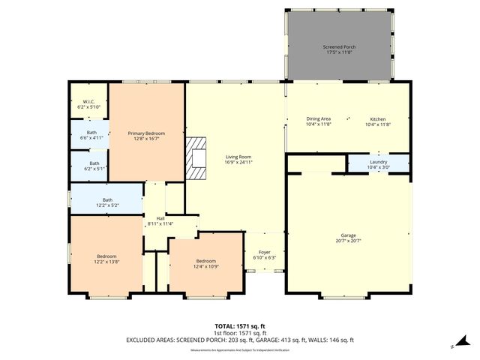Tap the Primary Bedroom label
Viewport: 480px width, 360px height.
(146, 133)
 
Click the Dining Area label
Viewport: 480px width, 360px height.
(319, 118)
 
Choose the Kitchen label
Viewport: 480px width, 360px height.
(377, 118)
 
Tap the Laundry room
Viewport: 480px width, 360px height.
(378, 163)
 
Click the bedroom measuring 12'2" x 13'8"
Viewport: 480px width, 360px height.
(106, 259)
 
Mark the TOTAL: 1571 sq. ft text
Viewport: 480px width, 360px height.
(240, 328)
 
